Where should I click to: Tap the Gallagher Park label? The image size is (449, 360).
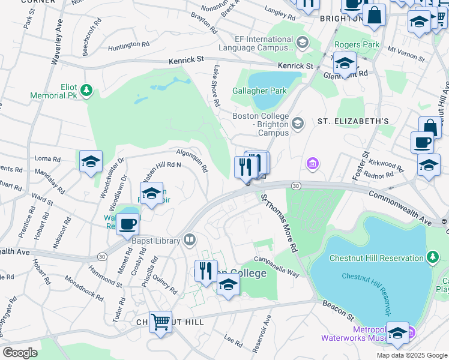click(259, 91)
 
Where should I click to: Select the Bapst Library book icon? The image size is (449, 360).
click(190, 240)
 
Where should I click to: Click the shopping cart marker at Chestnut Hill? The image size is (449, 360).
click(160, 322)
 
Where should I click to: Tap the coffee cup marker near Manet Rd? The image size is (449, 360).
click(127, 224)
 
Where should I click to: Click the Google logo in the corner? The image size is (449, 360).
click(20, 353)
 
